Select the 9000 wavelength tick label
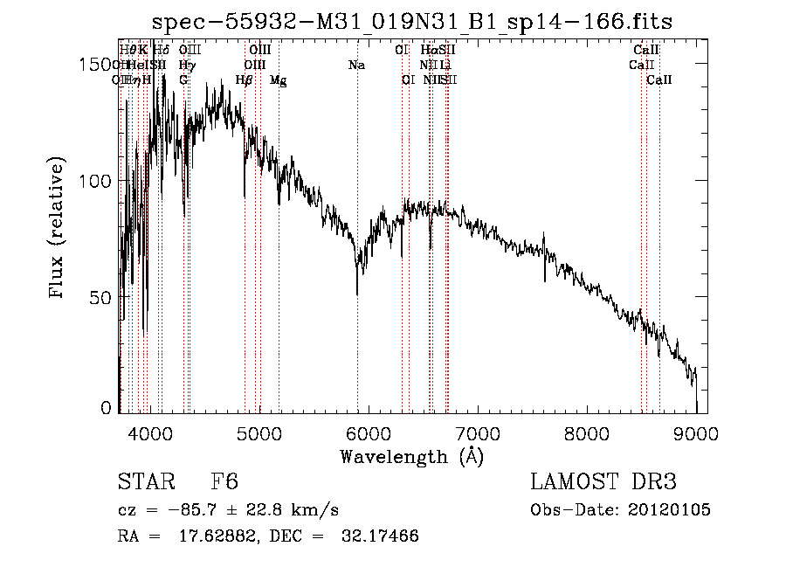tap(696, 432)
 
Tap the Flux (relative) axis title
tap(59, 229)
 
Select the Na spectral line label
tap(356, 65)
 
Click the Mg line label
tap(278, 80)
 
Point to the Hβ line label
tap(245, 80)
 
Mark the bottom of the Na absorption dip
tap(357, 294)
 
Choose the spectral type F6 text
tap(224, 482)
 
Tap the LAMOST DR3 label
tap(603, 482)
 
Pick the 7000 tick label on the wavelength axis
tap(477, 432)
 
